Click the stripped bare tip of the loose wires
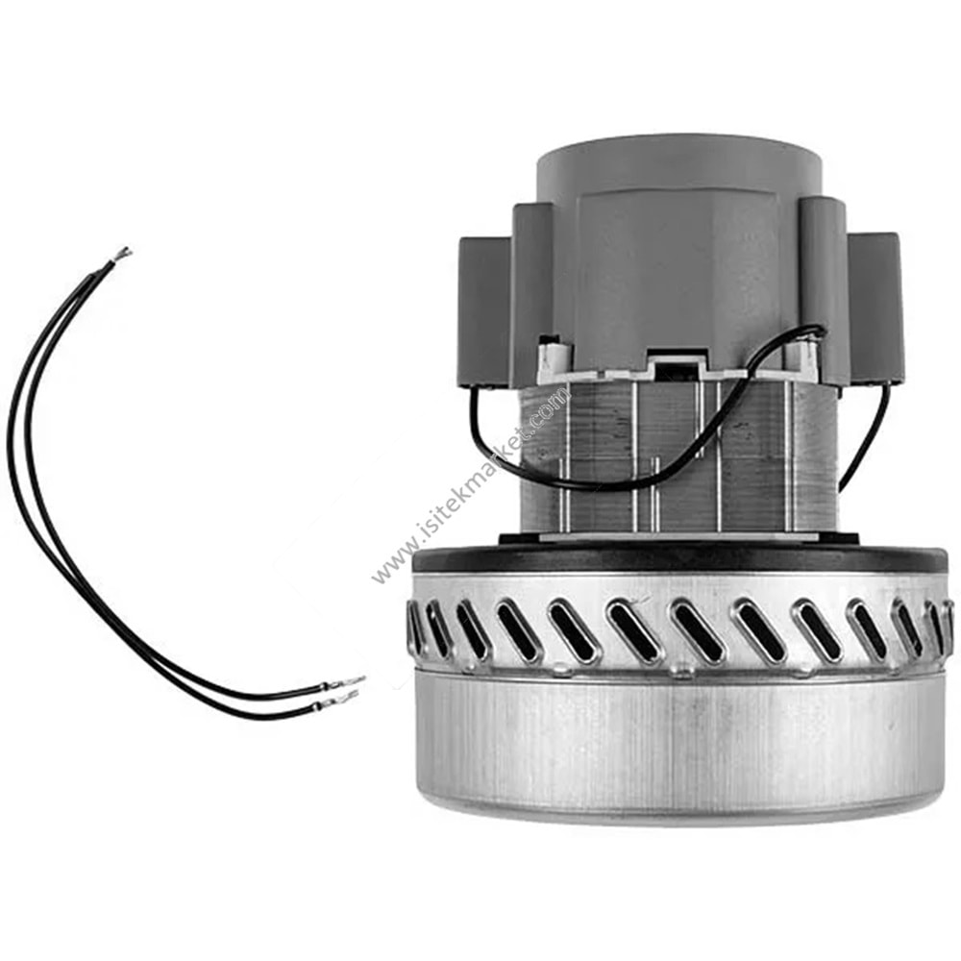click(x=122, y=254)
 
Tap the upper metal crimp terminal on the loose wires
click(x=347, y=683)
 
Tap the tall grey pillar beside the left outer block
click(x=531, y=288)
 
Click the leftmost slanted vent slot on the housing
click(x=416, y=628)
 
